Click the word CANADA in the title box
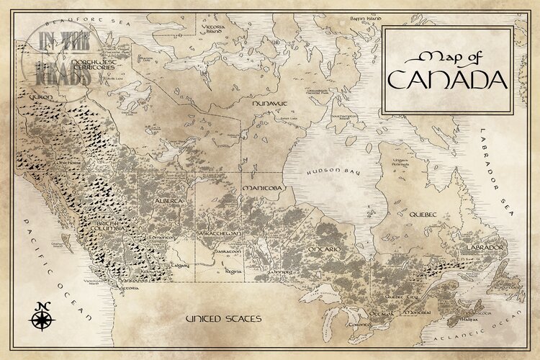pyautogui.click(x=447, y=78)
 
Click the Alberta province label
pyautogui.click(x=167, y=201)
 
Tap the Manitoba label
pyautogui.click(x=264, y=189)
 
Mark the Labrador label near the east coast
pyautogui.click(x=486, y=247)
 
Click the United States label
pyautogui.click(x=223, y=318)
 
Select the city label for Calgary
pyautogui.click(x=179, y=264)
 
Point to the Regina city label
pyautogui.click(x=233, y=272)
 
